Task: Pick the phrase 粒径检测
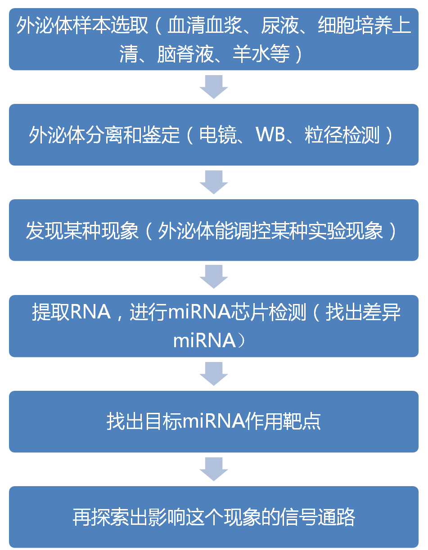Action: click(342, 135)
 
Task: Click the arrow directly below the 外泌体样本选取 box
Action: click(214, 87)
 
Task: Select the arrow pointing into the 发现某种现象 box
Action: click(214, 182)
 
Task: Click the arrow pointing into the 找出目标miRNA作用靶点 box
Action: click(214, 373)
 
